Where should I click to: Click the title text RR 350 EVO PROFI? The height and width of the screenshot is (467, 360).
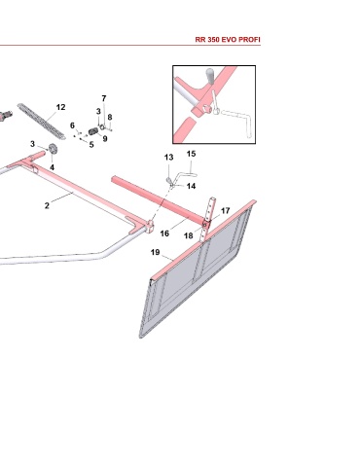(x=228, y=40)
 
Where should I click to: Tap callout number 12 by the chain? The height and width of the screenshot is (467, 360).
(x=60, y=107)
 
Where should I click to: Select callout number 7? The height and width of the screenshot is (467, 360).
(x=104, y=98)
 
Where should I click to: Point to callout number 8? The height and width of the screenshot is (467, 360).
(x=110, y=117)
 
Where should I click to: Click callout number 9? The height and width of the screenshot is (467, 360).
(x=105, y=138)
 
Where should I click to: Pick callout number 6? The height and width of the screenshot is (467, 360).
(x=72, y=126)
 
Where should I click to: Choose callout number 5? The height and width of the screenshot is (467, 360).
(x=91, y=145)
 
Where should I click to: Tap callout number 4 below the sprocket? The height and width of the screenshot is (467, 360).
(x=53, y=167)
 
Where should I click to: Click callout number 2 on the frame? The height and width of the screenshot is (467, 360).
(x=47, y=205)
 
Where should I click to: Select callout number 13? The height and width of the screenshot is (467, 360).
(x=168, y=158)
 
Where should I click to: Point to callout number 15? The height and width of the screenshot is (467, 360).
(x=192, y=154)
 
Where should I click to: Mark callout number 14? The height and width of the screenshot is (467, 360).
(x=191, y=186)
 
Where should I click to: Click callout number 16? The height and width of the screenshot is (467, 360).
(x=164, y=233)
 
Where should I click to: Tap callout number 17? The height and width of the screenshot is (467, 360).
(x=226, y=211)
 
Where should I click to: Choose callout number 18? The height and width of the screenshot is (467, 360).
(x=189, y=235)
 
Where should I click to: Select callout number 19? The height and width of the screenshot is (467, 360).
(x=156, y=252)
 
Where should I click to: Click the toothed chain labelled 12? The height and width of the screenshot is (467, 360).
(x=42, y=122)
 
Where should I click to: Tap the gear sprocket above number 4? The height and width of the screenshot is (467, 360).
(x=53, y=149)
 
